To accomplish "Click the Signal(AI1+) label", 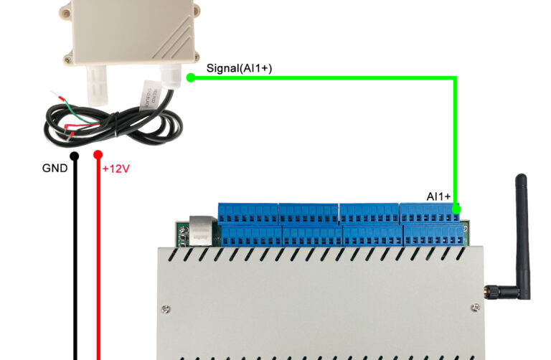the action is click(239, 68).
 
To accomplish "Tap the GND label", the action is click(55, 169).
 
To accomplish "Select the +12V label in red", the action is click(116, 169).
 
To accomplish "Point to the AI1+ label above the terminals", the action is click(438, 196).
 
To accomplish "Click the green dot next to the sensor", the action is click(191, 77).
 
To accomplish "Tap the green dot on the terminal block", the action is click(456, 209).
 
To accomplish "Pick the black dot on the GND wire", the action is click(75, 156).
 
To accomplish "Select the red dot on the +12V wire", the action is click(98, 154).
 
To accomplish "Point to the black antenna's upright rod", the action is click(523, 236).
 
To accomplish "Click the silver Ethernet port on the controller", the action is click(202, 230).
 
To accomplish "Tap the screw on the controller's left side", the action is click(166, 309).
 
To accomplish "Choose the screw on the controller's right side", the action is click(476, 308).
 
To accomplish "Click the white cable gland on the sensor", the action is click(171, 75).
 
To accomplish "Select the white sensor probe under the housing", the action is click(96, 85).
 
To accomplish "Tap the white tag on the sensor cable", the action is click(151, 95).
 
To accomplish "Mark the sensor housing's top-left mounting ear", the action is click(66, 11).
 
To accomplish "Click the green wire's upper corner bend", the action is click(456, 77).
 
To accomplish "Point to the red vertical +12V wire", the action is click(98, 257).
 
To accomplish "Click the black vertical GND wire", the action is click(75, 257).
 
